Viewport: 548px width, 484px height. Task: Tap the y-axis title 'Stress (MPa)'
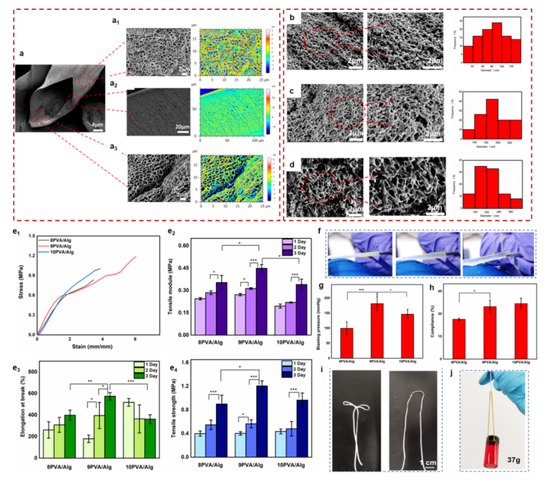[21, 282]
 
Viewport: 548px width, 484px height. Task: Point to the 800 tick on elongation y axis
[30, 372]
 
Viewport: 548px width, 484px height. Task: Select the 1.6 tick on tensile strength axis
[187, 362]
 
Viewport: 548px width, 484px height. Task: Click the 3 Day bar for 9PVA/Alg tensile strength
[262, 424]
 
